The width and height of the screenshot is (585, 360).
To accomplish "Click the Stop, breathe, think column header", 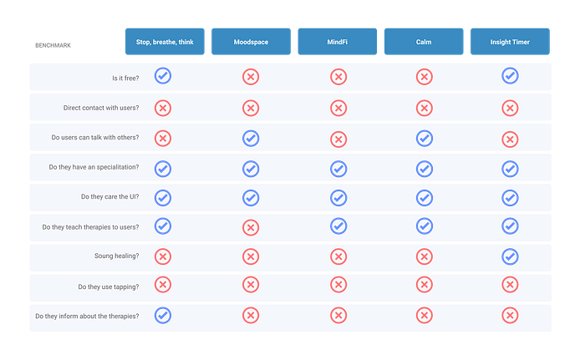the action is pos(165,42).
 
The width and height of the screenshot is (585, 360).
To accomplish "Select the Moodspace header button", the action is pos(251,42).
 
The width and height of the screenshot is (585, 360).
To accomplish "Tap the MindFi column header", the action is pos(338,42).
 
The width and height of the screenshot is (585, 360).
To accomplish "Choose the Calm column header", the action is pos(424,42).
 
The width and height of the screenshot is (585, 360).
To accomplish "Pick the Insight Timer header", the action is pos(510,42).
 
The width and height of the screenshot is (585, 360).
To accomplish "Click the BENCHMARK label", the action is pos(53,45).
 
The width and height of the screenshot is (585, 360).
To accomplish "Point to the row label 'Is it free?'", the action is pos(125,78).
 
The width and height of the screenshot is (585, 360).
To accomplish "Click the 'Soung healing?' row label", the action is pos(116,256).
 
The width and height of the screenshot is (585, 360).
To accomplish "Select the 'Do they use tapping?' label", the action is pos(108,286).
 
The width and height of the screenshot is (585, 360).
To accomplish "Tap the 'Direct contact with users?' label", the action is pos(101,108).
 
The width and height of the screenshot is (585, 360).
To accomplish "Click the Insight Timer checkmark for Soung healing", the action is pos(510,256).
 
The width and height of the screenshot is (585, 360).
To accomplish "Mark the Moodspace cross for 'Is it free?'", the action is pos(251,77).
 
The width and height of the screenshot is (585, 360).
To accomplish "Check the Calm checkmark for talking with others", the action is pos(425,139).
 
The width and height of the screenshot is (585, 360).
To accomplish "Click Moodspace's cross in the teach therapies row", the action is pos(251,227).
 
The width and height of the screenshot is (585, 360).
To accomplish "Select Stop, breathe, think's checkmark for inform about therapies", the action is pos(163,315).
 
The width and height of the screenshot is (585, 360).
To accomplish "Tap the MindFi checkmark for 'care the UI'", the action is pos(338,198).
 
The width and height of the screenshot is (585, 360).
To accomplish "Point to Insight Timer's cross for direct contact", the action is pos(510,109).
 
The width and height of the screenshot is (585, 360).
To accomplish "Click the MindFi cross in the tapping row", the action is pos(338,285).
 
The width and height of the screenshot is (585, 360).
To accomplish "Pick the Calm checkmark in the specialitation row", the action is pos(425,169).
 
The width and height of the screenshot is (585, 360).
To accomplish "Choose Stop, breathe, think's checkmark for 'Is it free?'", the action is pos(163,76).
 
